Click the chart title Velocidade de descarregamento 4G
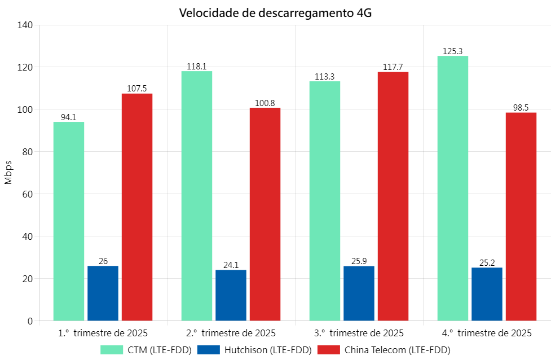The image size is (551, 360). (275, 13)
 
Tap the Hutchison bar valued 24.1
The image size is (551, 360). (231, 295)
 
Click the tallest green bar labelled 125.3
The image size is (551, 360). (453, 188)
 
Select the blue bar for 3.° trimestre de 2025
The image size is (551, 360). (359, 293)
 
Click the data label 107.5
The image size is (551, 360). (137, 89)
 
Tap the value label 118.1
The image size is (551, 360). (196, 67)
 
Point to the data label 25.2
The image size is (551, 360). (487, 263)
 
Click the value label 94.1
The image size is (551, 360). (69, 117)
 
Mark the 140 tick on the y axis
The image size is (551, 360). (25, 25)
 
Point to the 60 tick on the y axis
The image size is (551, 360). (28, 194)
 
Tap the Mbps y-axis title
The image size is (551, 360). (8, 173)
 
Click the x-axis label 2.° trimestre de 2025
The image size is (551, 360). (231, 332)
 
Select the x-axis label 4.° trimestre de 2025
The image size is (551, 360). (487, 332)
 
